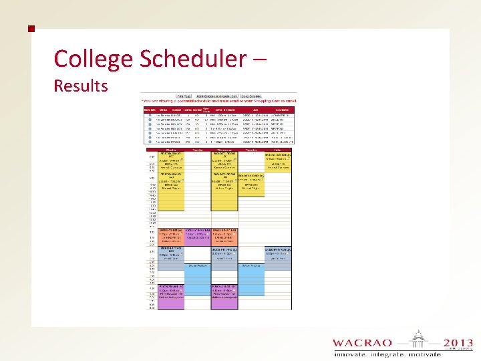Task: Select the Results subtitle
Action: [80, 86]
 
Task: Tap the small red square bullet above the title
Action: [30, 29]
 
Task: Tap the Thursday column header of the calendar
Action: [251, 150]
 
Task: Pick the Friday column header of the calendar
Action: [278, 150]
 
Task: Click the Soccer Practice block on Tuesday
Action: [197, 266]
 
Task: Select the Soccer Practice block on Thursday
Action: [251, 266]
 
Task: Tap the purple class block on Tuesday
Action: [197, 235]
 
